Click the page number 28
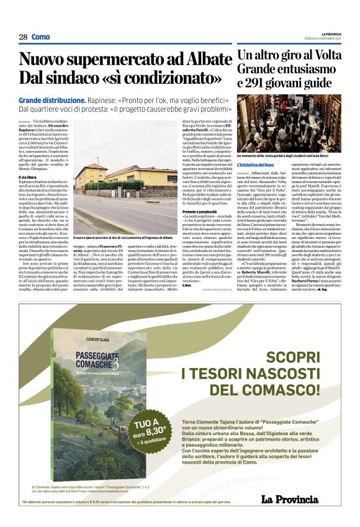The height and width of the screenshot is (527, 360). point(23,37)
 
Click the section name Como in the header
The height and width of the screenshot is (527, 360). point(41,37)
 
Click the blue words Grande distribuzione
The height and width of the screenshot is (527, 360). point(52,100)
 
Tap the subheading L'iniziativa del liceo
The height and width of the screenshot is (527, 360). point(256,164)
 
